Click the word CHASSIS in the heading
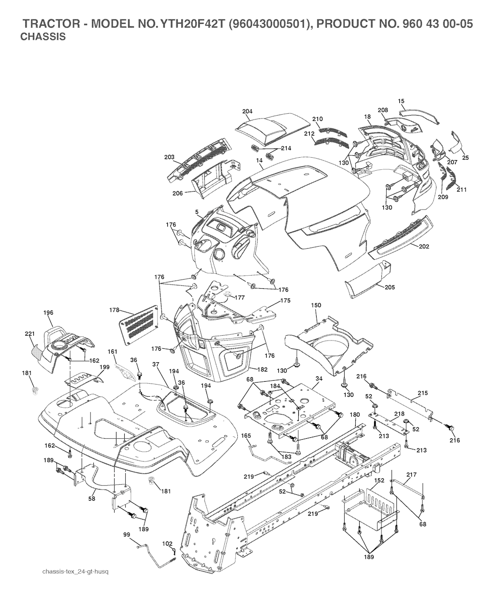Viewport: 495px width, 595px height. [x=43, y=37]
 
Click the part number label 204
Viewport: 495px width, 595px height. [x=247, y=111]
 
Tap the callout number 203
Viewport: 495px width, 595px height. [x=169, y=157]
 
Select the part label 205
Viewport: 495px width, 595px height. [x=390, y=287]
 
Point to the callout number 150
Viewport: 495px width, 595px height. [x=316, y=305]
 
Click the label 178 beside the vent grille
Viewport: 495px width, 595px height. [x=114, y=310]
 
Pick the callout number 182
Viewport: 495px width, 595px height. [x=262, y=370]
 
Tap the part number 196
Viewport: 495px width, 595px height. [x=48, y=312]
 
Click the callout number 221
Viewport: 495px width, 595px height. [x=30, y=334]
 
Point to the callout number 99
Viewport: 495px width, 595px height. [x=127, y=535]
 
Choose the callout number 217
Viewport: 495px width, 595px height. [x=411, y=475]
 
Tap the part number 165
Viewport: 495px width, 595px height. [x=246, y=436]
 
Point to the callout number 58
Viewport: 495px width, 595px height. [x=92, y=499]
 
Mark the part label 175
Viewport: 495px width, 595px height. [x=285, y=300]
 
